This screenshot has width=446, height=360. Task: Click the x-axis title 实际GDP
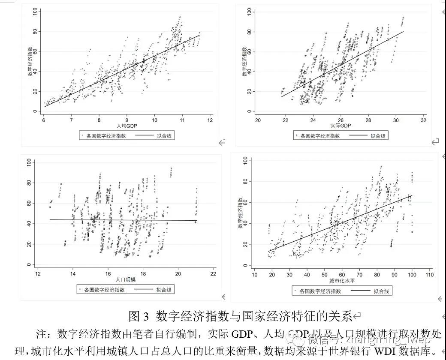coord(341,126)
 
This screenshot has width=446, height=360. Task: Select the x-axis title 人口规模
coord(126,279)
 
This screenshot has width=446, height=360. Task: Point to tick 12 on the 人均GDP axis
coord(210,120)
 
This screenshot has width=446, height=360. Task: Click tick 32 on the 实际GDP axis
coord(424,120)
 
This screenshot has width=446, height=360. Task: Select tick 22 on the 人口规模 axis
coord(213,274)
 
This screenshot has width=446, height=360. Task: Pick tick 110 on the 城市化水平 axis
coord(428,274)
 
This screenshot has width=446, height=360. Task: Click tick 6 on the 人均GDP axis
coord(44,120)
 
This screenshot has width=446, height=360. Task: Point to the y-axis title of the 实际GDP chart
coord(245,62)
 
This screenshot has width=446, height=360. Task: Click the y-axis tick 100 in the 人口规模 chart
coord(29,162)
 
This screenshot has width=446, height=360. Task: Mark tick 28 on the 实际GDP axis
coord(368,120)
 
